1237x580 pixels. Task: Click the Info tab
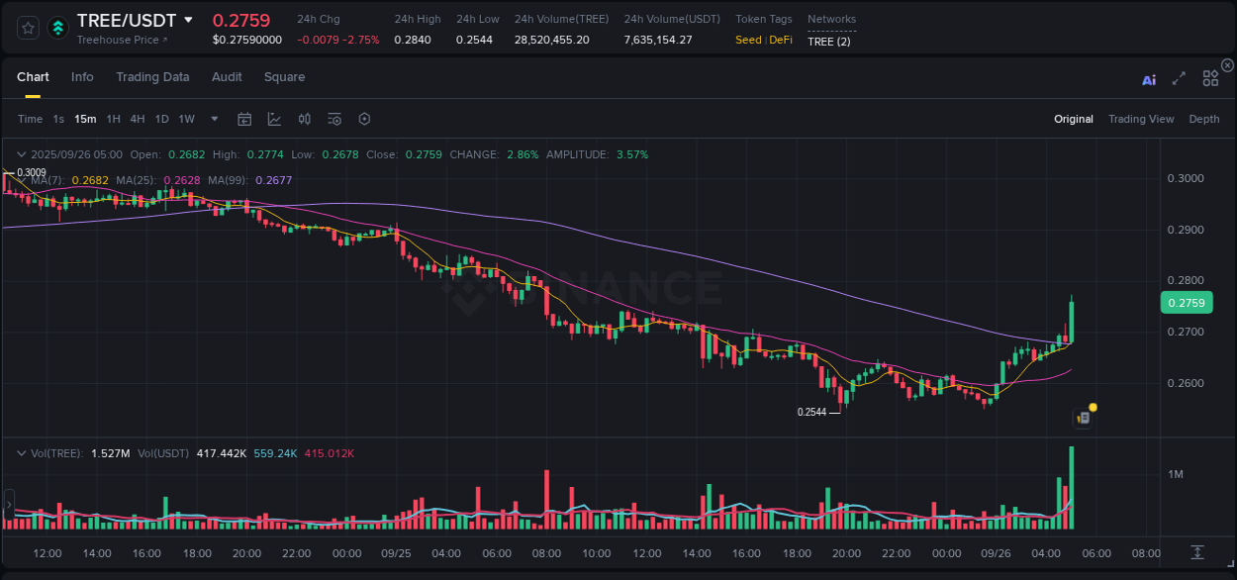point(82,77)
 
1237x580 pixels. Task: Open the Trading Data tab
point(152,77)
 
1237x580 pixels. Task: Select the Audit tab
point(227,77)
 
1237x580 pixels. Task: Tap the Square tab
point(284,77)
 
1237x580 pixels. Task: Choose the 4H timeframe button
point(138,119)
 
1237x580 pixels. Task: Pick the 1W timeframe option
point(186,119)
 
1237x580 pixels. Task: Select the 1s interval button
point(58,119)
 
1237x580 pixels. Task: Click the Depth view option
point(1203,119)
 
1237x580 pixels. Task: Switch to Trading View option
point(1140,119)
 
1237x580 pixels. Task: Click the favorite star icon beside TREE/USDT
point(29,28)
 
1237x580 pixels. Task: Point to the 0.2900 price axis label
point(1186,230)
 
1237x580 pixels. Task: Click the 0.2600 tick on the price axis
point(1186,383)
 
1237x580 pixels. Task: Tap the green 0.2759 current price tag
point(1186,303)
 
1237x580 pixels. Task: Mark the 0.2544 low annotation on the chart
point(811,412)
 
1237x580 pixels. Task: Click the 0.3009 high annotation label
point(32,172)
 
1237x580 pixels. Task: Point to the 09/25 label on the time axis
point(395,553)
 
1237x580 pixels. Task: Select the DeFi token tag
point(781,40)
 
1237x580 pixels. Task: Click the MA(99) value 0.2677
point(274,180)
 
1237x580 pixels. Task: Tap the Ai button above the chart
point(1149,79)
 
